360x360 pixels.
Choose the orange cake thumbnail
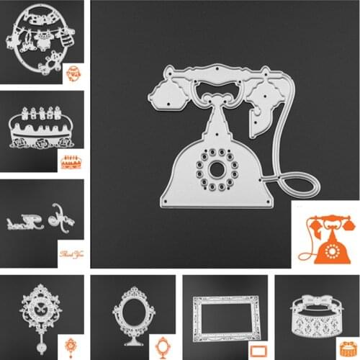coord(71,161)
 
